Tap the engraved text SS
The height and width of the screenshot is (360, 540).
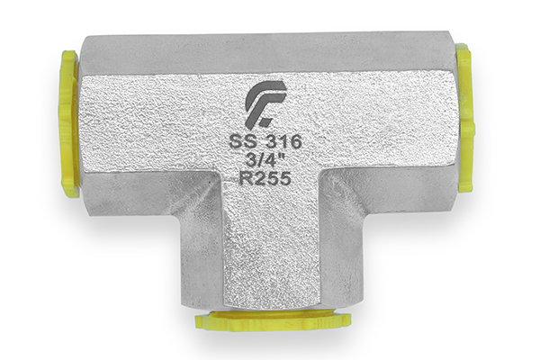click(241, 142)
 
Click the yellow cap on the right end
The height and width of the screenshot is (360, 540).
click(465, 117)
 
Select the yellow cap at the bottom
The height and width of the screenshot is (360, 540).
click(274, 319)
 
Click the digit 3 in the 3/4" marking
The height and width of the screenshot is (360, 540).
click(250, 160)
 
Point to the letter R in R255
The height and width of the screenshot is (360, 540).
click(245, 178)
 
